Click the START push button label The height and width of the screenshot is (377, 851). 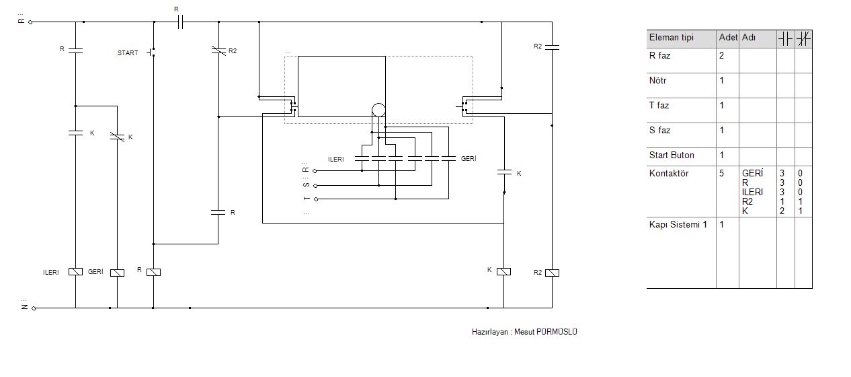coord(128,53)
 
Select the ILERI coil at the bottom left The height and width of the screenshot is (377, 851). coord(75,271)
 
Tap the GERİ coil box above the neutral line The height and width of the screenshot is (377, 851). coord(117,273)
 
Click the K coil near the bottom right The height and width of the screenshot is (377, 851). coord(503,271)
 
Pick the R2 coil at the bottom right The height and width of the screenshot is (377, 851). coord(552,273)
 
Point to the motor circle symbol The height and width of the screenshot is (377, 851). coord(378,110)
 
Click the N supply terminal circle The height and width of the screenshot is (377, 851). coord(34,308)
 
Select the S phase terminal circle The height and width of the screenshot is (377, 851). coord(315,186)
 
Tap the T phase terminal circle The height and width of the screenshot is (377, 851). coord(316,199)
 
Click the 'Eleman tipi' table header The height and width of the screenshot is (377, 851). coord(672,37)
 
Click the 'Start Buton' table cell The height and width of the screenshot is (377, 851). coord(672,156)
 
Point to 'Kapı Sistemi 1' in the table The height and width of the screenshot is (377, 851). coord(678,224)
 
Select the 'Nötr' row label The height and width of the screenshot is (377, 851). coord(657,81)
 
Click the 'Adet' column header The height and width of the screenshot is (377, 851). coord(728,37)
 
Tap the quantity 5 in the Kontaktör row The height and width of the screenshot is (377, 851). coord(721,174)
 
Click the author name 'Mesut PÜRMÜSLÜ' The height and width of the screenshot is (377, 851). coord(546,332)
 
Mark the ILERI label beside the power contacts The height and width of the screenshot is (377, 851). coord(336,160)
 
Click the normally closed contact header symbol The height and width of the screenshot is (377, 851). coord(803,39)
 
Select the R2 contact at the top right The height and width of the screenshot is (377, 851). coord(552,47)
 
